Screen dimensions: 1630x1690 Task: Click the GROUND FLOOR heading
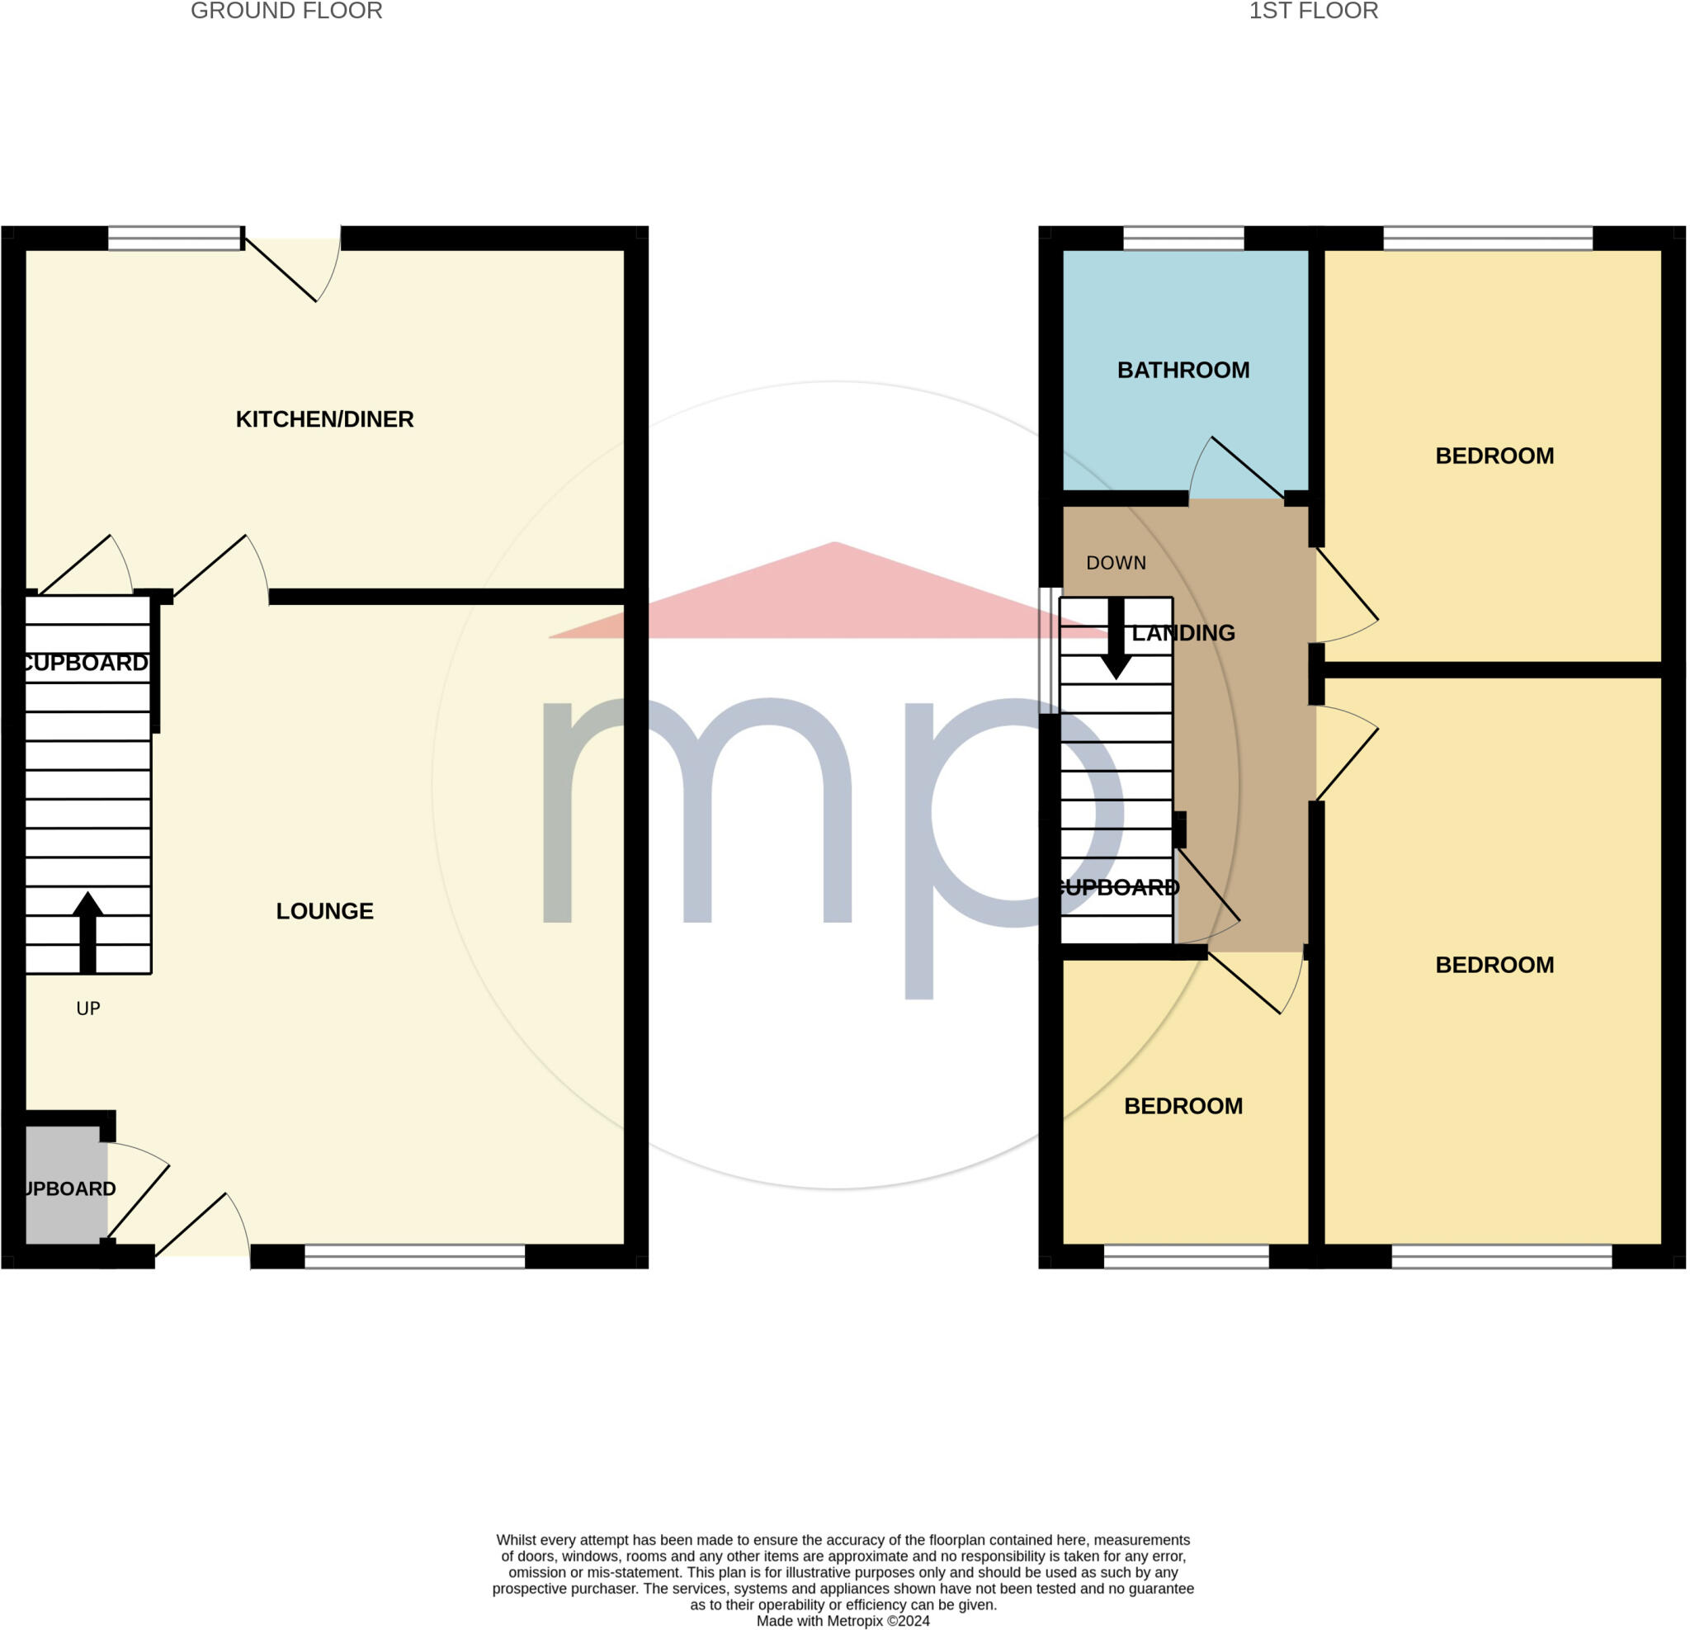(x=286, y=12)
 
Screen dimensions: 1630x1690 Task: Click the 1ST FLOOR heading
(x=1313, y=12)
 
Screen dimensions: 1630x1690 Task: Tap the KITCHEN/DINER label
(x=325, y=419)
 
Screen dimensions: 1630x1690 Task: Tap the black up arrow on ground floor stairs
(x=87, y=932)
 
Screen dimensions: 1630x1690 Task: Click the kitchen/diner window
(x=174, y=238)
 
